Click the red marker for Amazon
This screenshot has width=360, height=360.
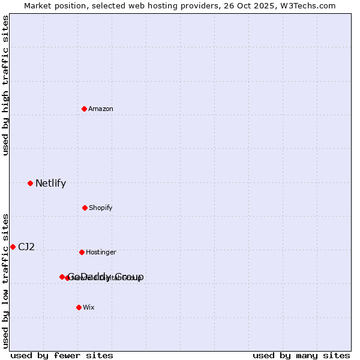click(x=85, y=109)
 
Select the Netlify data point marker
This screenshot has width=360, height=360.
click(x=30, y=183)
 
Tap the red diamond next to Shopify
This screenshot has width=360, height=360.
click(x=85, y=208)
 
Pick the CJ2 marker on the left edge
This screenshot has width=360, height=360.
click(x=13, y=247)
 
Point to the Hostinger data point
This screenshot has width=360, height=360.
click(x=82, y=252)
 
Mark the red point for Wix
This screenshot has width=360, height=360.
click(x=79, y=307)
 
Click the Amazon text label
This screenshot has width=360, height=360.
click(x=101, y=109)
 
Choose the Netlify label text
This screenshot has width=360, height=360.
click(x=50, y=184)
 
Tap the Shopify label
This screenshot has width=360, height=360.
click(x=101, y=208)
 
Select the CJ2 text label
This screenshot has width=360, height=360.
click(x=26, y=247)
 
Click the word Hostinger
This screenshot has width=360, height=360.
click(x=101, y=253)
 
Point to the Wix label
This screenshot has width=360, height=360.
click(x=89, y=308)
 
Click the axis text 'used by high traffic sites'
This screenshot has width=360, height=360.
click(x=5, y=86)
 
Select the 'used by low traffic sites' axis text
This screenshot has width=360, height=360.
click(x=5, y=280)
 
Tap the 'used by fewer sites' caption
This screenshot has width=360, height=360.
click(x=62, y=355)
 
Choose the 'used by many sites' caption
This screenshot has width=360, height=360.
click(x=301, y=355)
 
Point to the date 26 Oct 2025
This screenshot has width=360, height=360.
click(x=253, y=5)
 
